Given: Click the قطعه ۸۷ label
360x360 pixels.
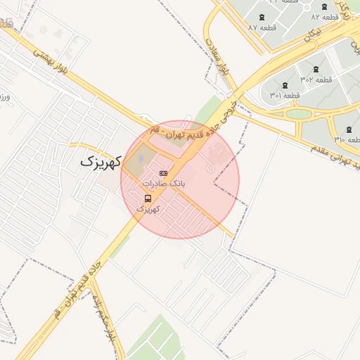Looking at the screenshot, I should click(262, 27).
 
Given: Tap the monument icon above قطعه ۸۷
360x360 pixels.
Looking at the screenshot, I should click(262, 16).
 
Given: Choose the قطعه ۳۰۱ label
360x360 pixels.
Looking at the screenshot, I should click(285, 95).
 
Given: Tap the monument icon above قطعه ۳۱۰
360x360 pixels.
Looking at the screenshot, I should click(349, 129).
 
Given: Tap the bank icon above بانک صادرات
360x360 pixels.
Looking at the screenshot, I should click(163, 173).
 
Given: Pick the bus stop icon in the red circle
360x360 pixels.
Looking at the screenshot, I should click(148, 198).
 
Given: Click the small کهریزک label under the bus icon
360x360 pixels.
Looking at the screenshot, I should click(148, 209).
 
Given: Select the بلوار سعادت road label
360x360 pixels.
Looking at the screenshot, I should click(219, 55).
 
